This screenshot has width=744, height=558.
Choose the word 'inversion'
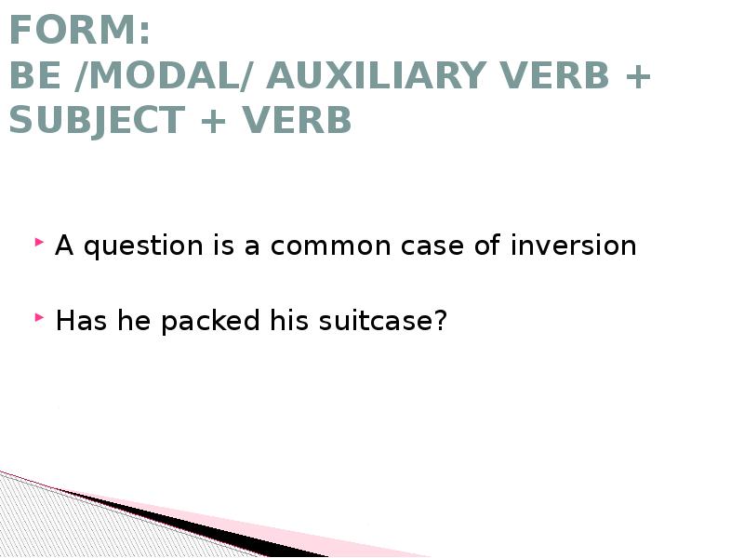[x=574, y=246]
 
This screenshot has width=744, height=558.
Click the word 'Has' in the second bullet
[x=78, y=321]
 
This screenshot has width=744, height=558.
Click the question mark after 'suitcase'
[x=441, y=321]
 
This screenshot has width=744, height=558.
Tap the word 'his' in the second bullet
[x=288, y=321]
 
